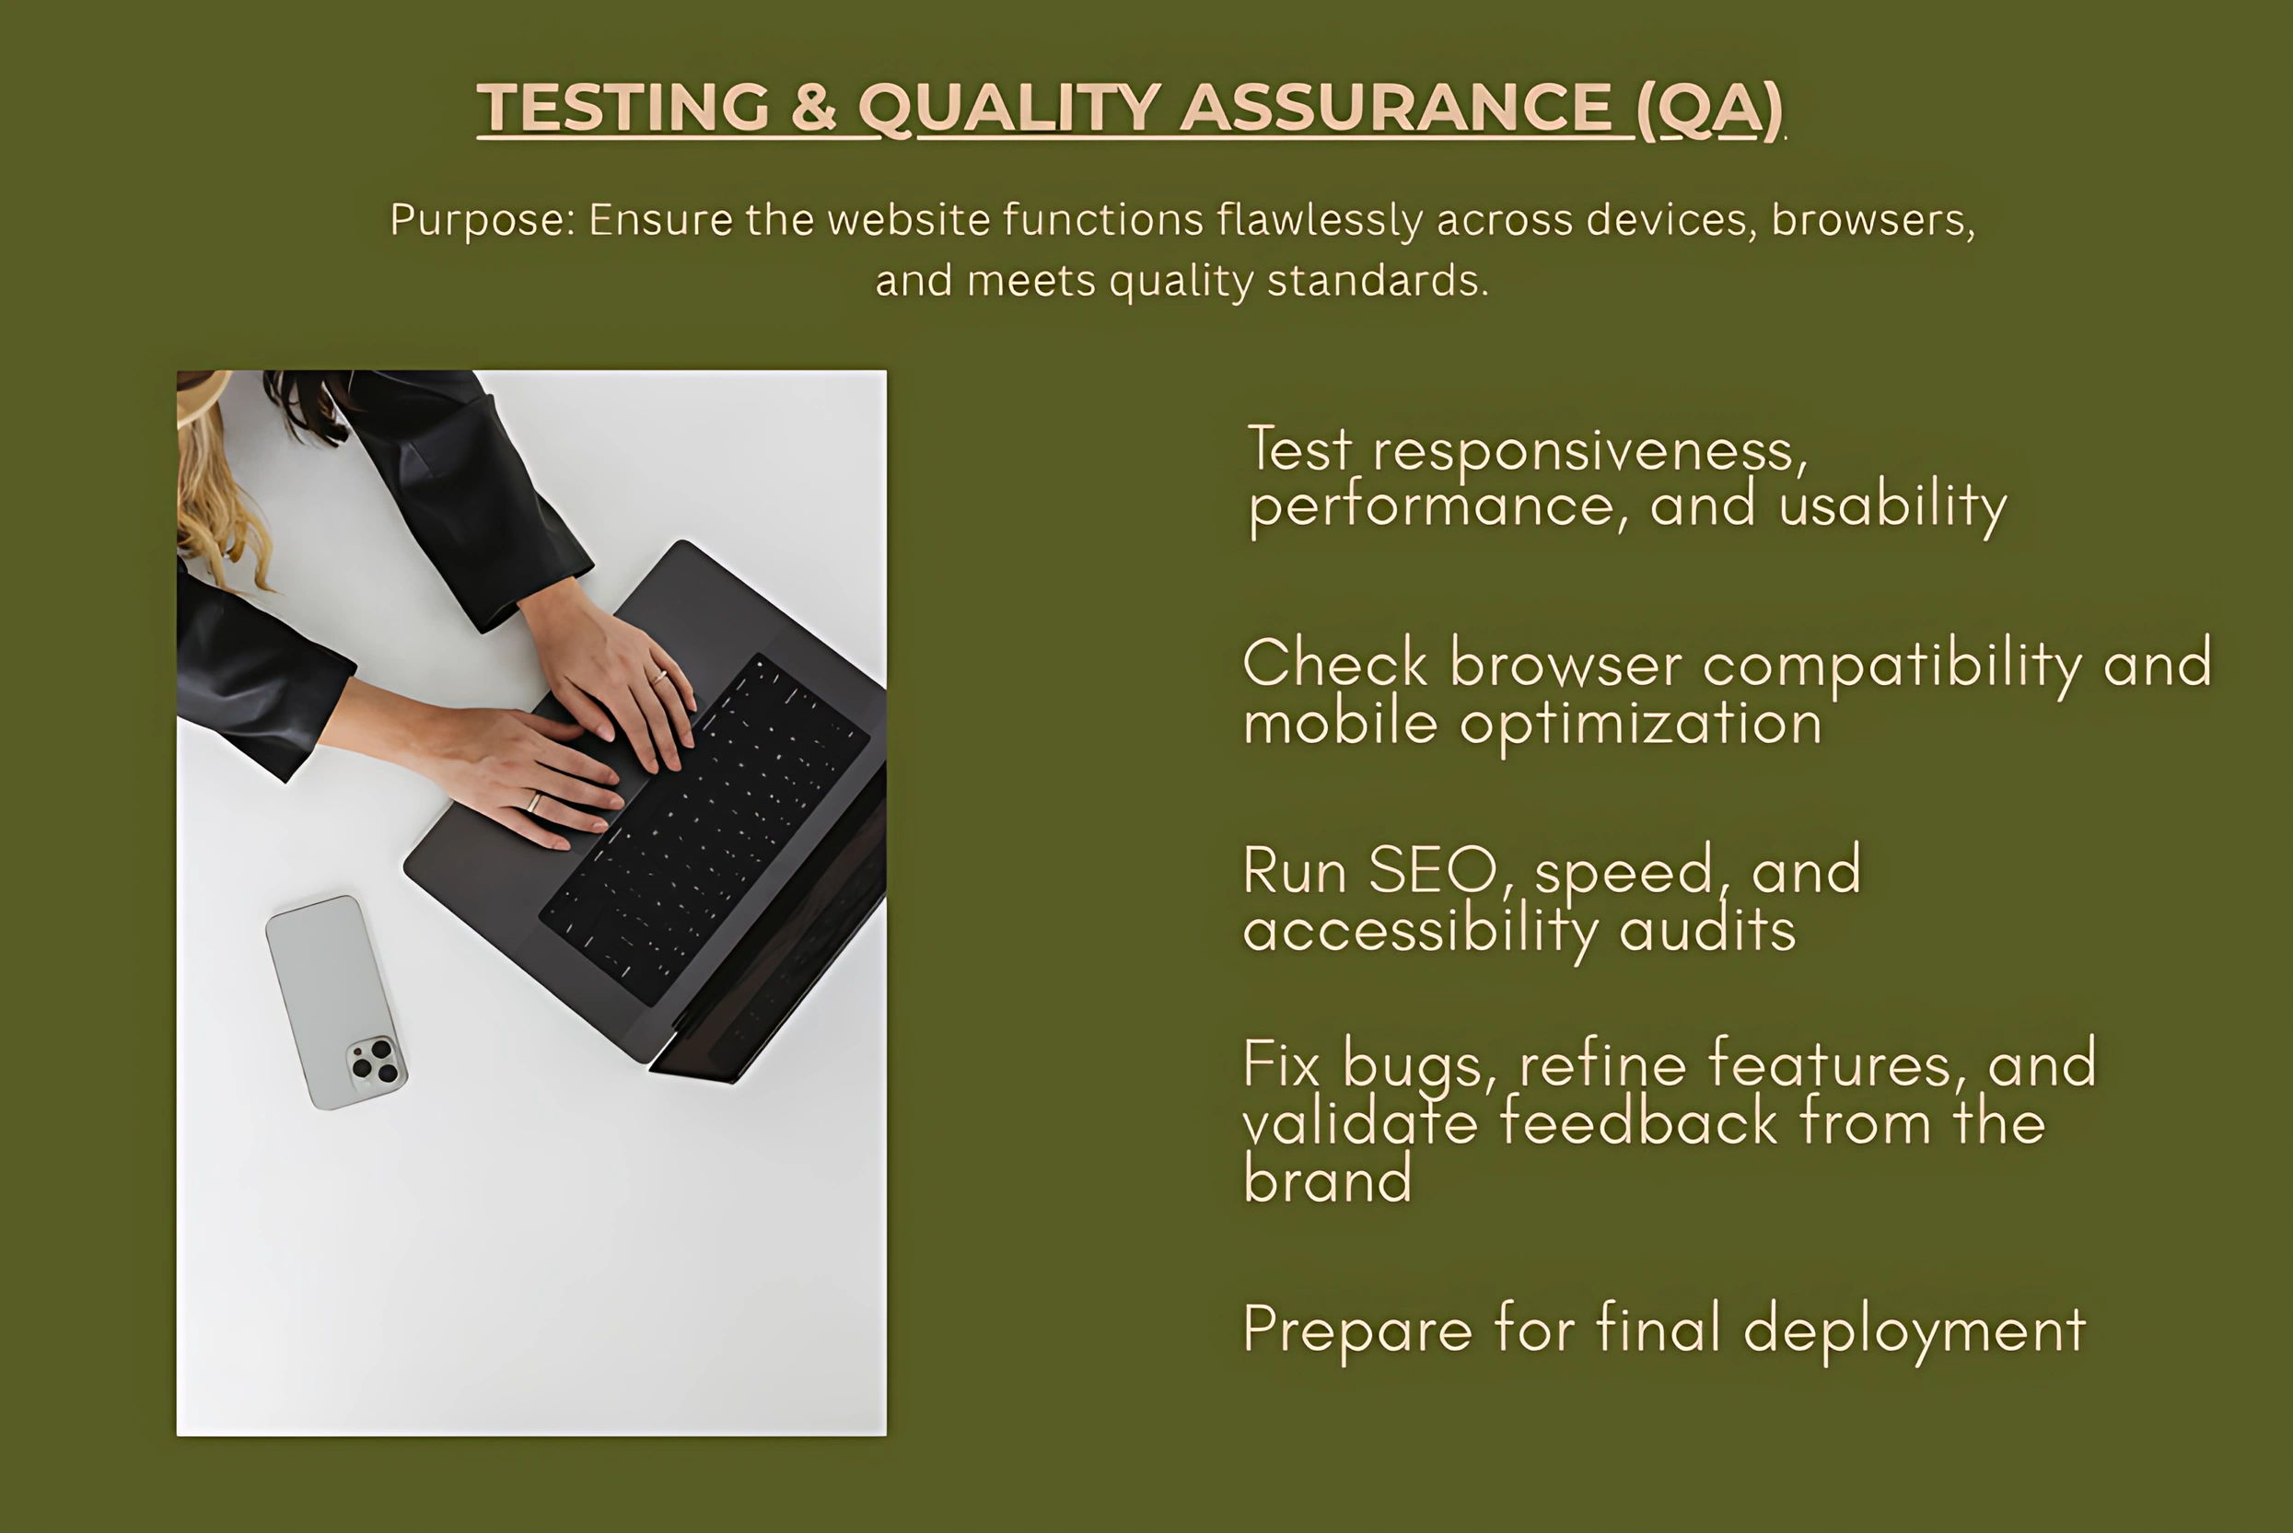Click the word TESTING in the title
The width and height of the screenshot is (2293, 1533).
coord(623,107)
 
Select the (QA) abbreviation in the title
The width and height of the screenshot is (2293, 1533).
coord(1710,109)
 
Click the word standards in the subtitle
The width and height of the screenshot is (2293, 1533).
coord(1378,281)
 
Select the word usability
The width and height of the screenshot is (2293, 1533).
coord(1893,506)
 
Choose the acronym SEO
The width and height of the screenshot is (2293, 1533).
coord(1433,869)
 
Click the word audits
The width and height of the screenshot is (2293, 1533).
coord(1708,928)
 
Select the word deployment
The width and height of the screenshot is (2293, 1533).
coord(1915,1330)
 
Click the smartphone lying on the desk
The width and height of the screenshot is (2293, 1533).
coord(336,1002)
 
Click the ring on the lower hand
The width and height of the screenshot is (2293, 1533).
coord(534,803)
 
